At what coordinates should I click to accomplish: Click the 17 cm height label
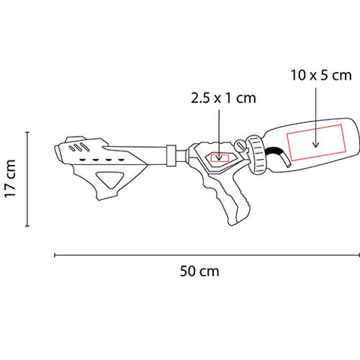(x=10, y=178)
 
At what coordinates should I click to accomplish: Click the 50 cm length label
(x=199, y=271)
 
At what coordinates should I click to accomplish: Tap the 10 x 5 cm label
(x=321, y=75)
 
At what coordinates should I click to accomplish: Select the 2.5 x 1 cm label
(x=223, y=98)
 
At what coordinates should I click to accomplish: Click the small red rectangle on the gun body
(x=220, y=158)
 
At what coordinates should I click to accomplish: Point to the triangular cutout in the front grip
(x=109, y=180)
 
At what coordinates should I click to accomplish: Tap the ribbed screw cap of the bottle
(x=256, y=155)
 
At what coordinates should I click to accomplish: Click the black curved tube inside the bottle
(x=279, y=155)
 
